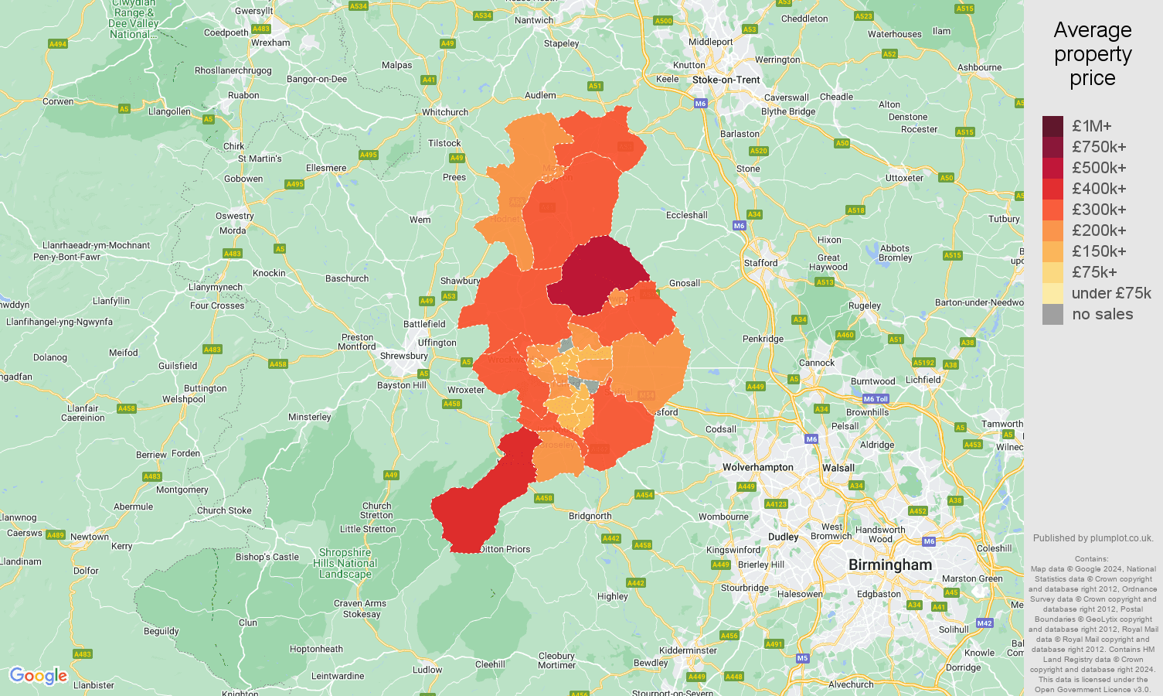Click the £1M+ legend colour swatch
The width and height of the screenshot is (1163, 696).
point(1052,126)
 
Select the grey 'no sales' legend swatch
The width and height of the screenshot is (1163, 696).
point(1052,314)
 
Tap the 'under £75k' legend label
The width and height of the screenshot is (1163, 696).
point(1111,293)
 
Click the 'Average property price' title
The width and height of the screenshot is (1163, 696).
point(1092,54)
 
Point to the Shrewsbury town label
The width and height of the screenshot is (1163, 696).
point(403,356)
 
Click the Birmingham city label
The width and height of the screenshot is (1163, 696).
point(890,565)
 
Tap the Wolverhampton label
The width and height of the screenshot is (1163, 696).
point(757,467)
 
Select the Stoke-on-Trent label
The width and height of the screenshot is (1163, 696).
point(726,80)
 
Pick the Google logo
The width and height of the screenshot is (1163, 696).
point(39,676)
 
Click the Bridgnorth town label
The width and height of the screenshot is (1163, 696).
point(590,516)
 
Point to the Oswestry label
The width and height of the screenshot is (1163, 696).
point(234,216)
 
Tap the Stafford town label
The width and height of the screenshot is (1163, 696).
point(760,263)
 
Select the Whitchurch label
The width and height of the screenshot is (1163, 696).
point(444,112)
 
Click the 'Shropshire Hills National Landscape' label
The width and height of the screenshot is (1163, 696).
point(345,563)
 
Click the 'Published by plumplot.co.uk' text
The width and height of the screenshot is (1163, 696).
point(1092,538)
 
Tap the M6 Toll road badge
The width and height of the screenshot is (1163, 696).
point(876,399)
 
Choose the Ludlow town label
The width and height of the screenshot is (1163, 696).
point(427,670)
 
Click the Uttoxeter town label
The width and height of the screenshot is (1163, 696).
point(904,178)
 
